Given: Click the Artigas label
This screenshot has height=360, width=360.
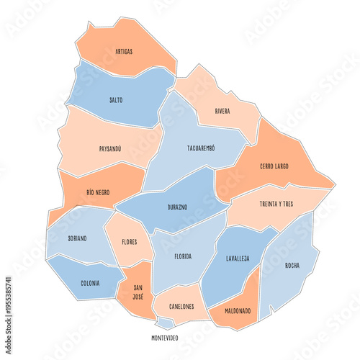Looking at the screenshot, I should point(123,52).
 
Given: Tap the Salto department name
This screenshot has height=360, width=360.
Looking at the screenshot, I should point(116,99).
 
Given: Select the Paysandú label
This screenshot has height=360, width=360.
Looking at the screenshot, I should point(110,149).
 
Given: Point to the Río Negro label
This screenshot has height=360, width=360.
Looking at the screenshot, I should point(98,192).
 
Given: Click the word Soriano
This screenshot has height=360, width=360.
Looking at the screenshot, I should point(78,238).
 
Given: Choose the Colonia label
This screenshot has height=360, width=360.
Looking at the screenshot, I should point(91,283).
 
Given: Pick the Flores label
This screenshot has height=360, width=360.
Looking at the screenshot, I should point(130,242).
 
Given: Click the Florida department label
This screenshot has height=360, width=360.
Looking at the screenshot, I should point(183,256).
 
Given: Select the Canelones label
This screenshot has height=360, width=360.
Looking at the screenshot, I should point(181,307).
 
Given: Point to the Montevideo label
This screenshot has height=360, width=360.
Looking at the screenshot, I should point(166,338).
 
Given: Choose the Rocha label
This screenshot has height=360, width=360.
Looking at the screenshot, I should point(292,265).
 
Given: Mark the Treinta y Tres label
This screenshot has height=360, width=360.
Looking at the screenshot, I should point(276,204).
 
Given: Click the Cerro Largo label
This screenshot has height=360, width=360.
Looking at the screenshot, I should point(274,166).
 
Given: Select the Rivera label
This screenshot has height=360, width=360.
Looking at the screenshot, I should point(222,111).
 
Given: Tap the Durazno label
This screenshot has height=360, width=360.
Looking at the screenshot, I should point(177,207).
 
